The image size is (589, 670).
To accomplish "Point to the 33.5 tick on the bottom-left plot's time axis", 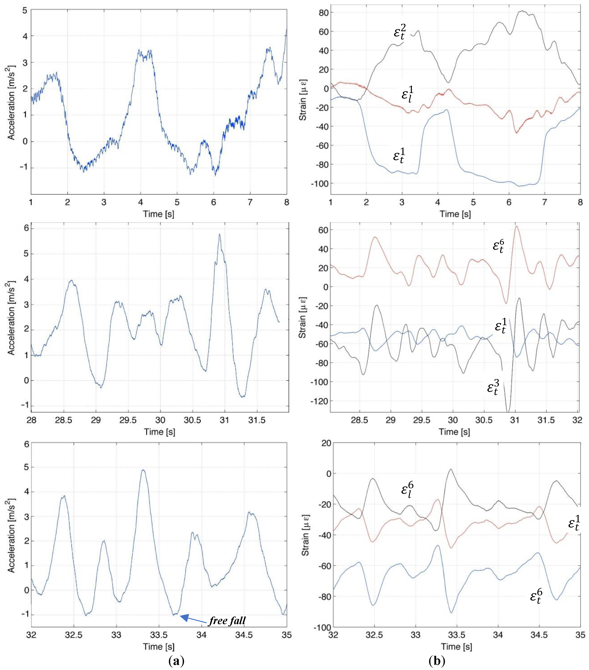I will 159,635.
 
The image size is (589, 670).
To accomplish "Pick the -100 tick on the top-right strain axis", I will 320,184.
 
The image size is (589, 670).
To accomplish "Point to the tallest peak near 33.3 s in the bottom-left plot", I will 143,470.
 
